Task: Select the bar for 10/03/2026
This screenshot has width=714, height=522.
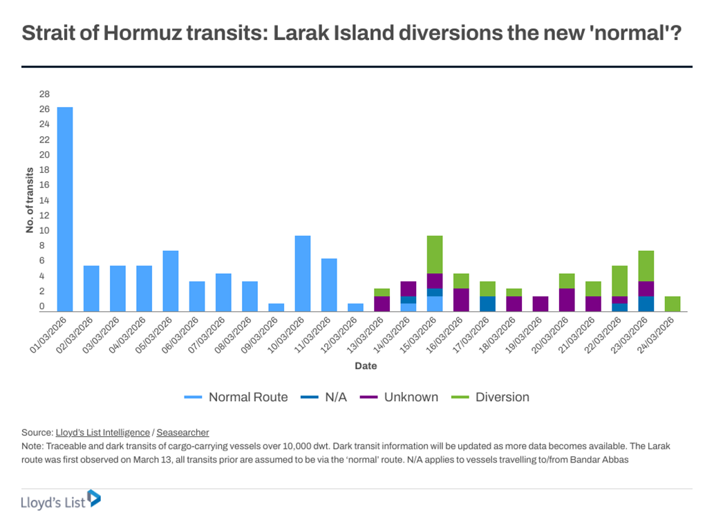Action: point(303,273)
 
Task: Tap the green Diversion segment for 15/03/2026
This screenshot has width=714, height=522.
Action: point(435,254)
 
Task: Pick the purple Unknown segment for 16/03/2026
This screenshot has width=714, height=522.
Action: point(461,299)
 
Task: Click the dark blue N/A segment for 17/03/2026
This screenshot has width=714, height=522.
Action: point(487,304)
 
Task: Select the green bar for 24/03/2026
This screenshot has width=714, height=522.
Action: point(672,304)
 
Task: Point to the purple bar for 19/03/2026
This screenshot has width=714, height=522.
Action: point(541,304)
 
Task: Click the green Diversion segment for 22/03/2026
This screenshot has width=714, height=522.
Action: point(619,281)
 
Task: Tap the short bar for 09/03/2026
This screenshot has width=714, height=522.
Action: point(276,307)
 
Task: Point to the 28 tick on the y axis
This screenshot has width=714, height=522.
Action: point(44,94)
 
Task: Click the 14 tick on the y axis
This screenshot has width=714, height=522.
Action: point(44,201)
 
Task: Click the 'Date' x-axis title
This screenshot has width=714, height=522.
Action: point(366,366)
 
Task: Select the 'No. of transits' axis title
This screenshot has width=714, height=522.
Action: point(30,201)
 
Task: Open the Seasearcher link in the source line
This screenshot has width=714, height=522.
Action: point(182,432)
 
